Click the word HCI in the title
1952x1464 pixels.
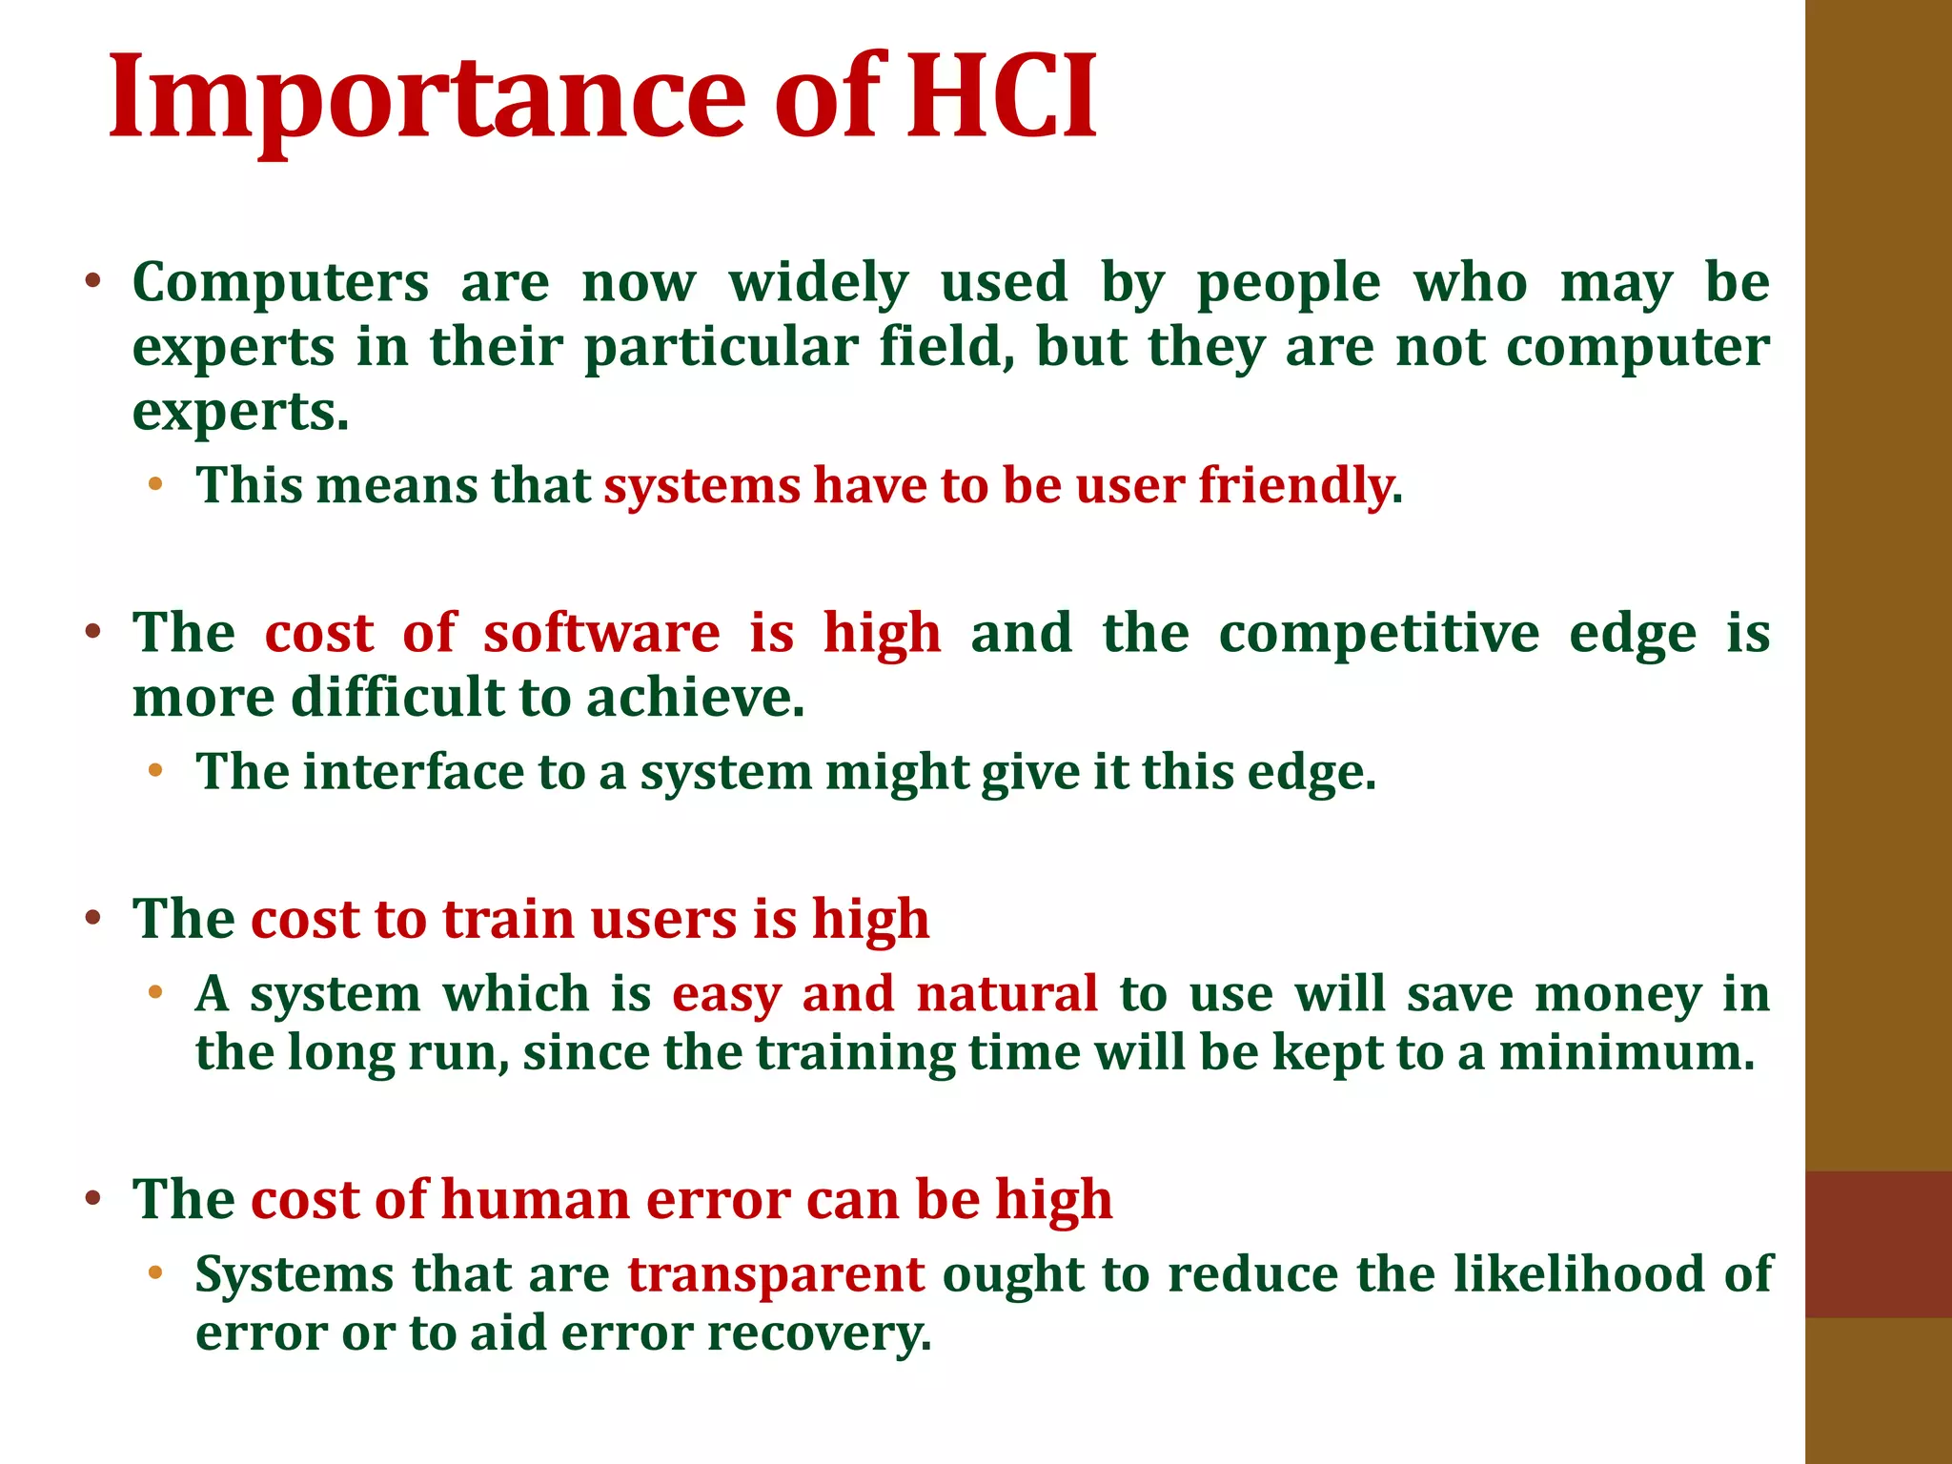(x=1001, y=98)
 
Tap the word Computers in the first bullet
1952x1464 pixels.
(x=281, y=284)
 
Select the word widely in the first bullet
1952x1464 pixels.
(x=819, y=284)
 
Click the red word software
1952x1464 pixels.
(x=601, y=633)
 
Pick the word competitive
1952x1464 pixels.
(x=1379, y=633)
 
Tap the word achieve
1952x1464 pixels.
(x=695, y=698)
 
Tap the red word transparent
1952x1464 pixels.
(x=776, y=1274)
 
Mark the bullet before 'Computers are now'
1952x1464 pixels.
(x=92, y=282)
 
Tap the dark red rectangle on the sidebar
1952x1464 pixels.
(x=1878, y=1244)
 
